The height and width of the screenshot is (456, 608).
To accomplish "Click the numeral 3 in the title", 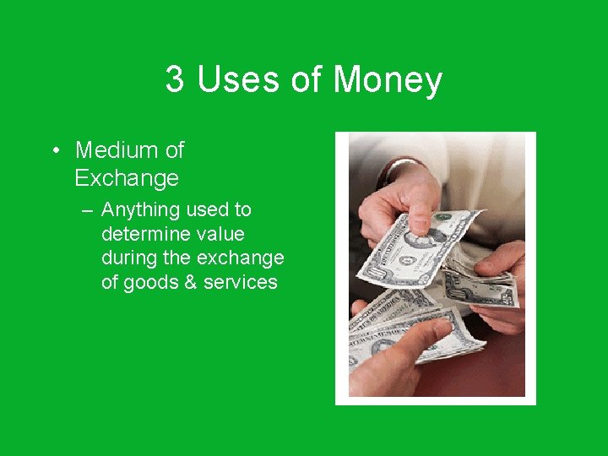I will tap(175, 79).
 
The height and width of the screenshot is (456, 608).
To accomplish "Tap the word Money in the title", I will tap(388, 79).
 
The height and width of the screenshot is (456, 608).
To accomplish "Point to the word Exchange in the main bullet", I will tap(127, 178).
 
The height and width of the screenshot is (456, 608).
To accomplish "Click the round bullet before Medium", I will tap(55, 151).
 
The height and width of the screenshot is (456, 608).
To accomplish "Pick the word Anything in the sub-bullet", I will tap(141, 209).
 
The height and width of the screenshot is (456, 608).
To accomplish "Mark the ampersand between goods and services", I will tap(192, 282).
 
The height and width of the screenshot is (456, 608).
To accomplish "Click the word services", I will tap(241, 282).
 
